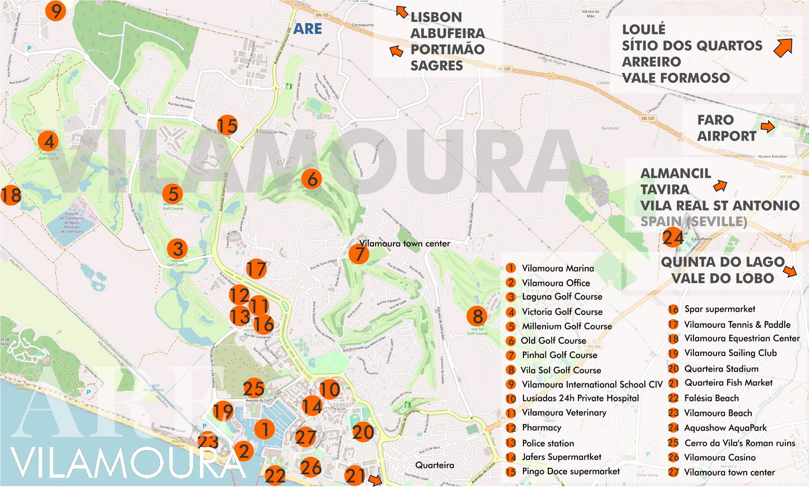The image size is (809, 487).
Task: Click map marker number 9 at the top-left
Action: pyautogui.click(x=55, y=11)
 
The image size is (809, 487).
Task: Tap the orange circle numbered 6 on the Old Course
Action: pyautogui.click(x=310, y=178)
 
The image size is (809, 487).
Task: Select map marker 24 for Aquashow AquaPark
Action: pyautogui.click(x=673, y=238)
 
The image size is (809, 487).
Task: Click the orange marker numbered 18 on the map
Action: pyautogui.click(x=10, y=195)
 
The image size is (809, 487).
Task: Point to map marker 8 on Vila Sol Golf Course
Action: pyautogui.click(x=477, y=316)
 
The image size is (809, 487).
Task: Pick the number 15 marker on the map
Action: pyautogui.click(x=227, y=125)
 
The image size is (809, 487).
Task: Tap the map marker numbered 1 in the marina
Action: pyautogui.click(x=264, y=429)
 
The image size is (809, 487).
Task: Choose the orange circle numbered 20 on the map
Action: pyautogui.click(x=363, y=432)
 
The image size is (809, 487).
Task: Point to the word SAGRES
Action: pyautogui.click(x=437, y=66)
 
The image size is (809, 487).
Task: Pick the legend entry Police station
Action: pyautogui.click(x=548, y=443)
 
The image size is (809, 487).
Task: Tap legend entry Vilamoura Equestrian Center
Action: pyautogui.click(x=742, y=338)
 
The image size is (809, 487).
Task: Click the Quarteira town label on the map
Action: pyautogui.click(x=435, y=465)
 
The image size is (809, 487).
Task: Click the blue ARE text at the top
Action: pyautogui.click(x=307, y=28)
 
